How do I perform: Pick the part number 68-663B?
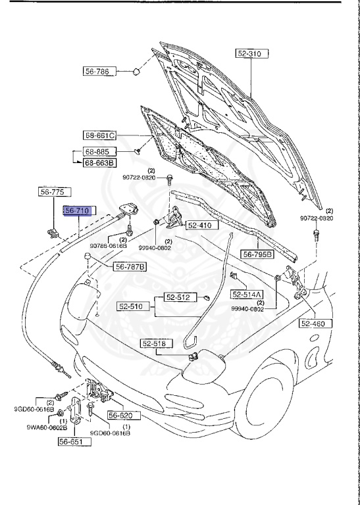pos(99,162)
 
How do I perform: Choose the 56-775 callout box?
pos(51,192)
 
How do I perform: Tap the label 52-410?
pos(199,226)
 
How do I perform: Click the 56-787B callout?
pos(130,266)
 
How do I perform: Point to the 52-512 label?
pos(177,297)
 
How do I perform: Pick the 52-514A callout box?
pos(247,294)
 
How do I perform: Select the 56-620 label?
pos(120,416)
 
